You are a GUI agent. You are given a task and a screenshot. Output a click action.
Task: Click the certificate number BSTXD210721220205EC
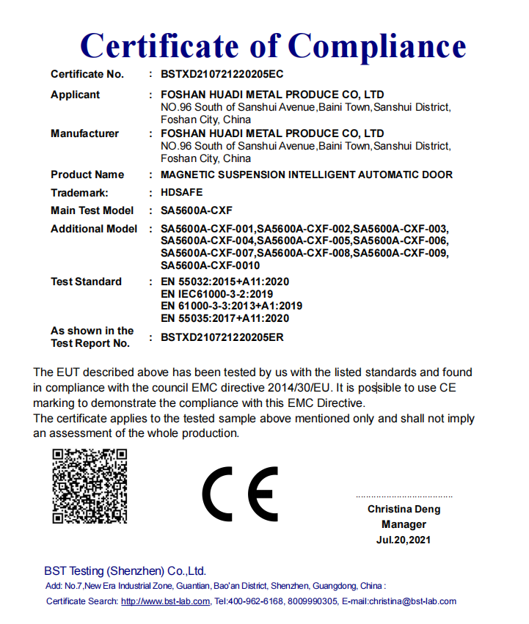(222, 74)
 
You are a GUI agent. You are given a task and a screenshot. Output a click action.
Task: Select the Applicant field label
(75, 95)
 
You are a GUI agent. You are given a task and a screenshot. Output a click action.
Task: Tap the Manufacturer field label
(84, 133)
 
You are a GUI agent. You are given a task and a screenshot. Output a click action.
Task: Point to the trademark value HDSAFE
(181, 193)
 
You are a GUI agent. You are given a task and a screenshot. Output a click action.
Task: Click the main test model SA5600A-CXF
(197, 210)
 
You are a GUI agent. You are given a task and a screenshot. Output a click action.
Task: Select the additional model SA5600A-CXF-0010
(210, 265)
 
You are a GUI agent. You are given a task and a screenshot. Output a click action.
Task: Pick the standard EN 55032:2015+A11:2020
(225, 282)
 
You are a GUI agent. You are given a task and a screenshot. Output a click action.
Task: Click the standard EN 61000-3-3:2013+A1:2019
(231, 306)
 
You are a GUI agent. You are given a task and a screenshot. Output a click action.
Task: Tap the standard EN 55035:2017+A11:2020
(225, 318)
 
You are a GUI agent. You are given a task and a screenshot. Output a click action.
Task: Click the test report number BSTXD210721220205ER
(222, 337)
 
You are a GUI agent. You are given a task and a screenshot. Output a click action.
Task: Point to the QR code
(90, 485)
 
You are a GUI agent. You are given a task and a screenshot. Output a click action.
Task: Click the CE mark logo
(240, 493)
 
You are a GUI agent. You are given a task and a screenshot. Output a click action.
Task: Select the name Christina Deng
(404, 509)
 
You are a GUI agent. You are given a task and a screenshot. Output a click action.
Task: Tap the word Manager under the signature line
(404, 524)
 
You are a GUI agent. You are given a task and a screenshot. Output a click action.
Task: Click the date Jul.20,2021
(404, 540)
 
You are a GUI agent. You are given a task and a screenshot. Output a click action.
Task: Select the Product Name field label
(87, 175)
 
